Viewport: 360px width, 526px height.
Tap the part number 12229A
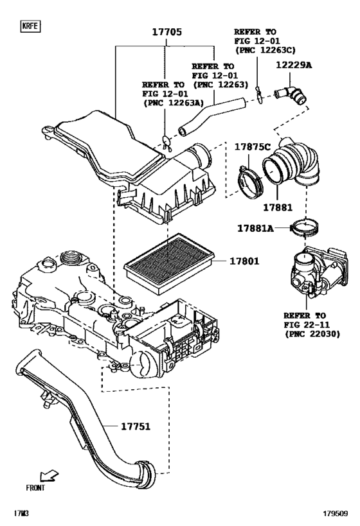click(x=294, y=65)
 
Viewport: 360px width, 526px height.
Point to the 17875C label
click(x=252, y=146)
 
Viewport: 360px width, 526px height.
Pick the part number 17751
click(x=136, y=425)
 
